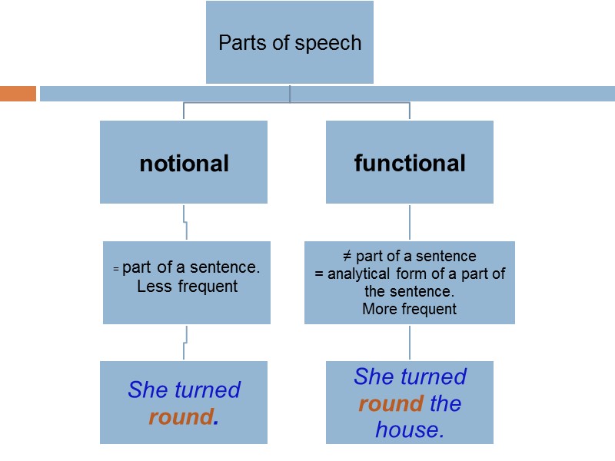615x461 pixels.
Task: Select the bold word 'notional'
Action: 184,163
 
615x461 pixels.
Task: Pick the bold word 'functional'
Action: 410,163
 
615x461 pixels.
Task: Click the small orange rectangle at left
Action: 18,94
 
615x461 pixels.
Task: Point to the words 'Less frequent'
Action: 187,287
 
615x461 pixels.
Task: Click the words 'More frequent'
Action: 409,310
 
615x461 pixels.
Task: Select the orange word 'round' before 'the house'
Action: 391,403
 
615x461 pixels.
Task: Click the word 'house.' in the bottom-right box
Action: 410,429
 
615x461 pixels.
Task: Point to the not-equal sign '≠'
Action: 347,256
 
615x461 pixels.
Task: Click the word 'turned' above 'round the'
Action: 434,376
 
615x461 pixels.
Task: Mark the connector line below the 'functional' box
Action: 410,222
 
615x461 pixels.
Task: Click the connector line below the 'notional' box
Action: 184,222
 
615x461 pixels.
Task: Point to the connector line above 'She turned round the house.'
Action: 410,343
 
